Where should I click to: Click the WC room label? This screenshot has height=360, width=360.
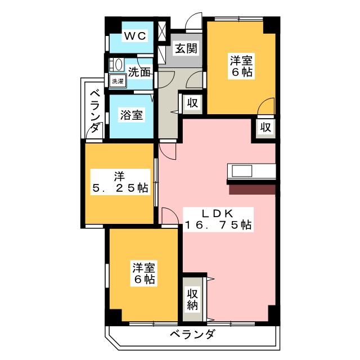click(x=135, y=36)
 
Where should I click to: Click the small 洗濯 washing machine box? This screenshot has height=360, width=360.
click(x=118, y=81)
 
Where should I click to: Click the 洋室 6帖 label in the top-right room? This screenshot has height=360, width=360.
click(x=241, y=65)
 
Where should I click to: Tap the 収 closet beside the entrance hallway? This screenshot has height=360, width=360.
click(x=192, y=103)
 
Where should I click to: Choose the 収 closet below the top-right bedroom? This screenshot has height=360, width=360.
click(x=265, y=127)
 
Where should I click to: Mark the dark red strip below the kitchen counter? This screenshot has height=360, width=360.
click(x=251, y=190)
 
